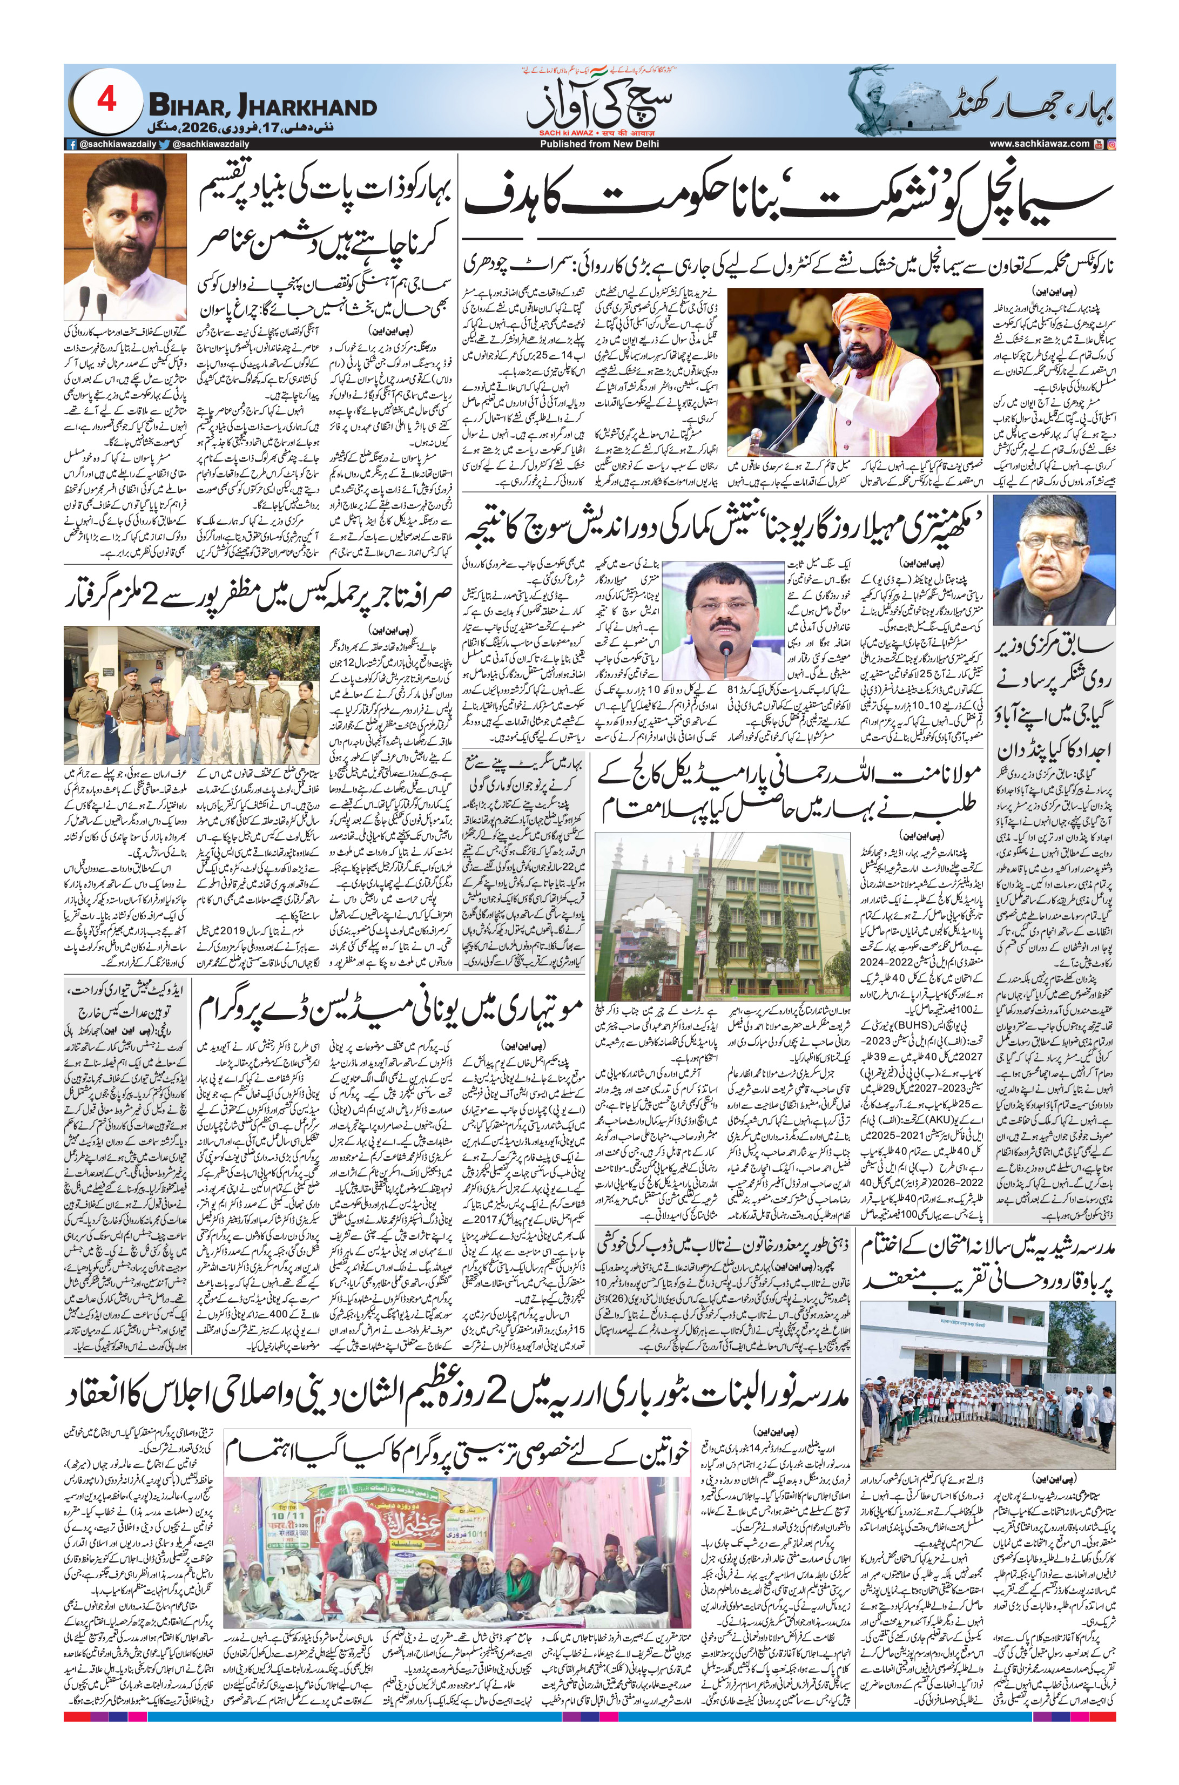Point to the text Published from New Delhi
click(587, 144)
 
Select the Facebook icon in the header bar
click(71, 144)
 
